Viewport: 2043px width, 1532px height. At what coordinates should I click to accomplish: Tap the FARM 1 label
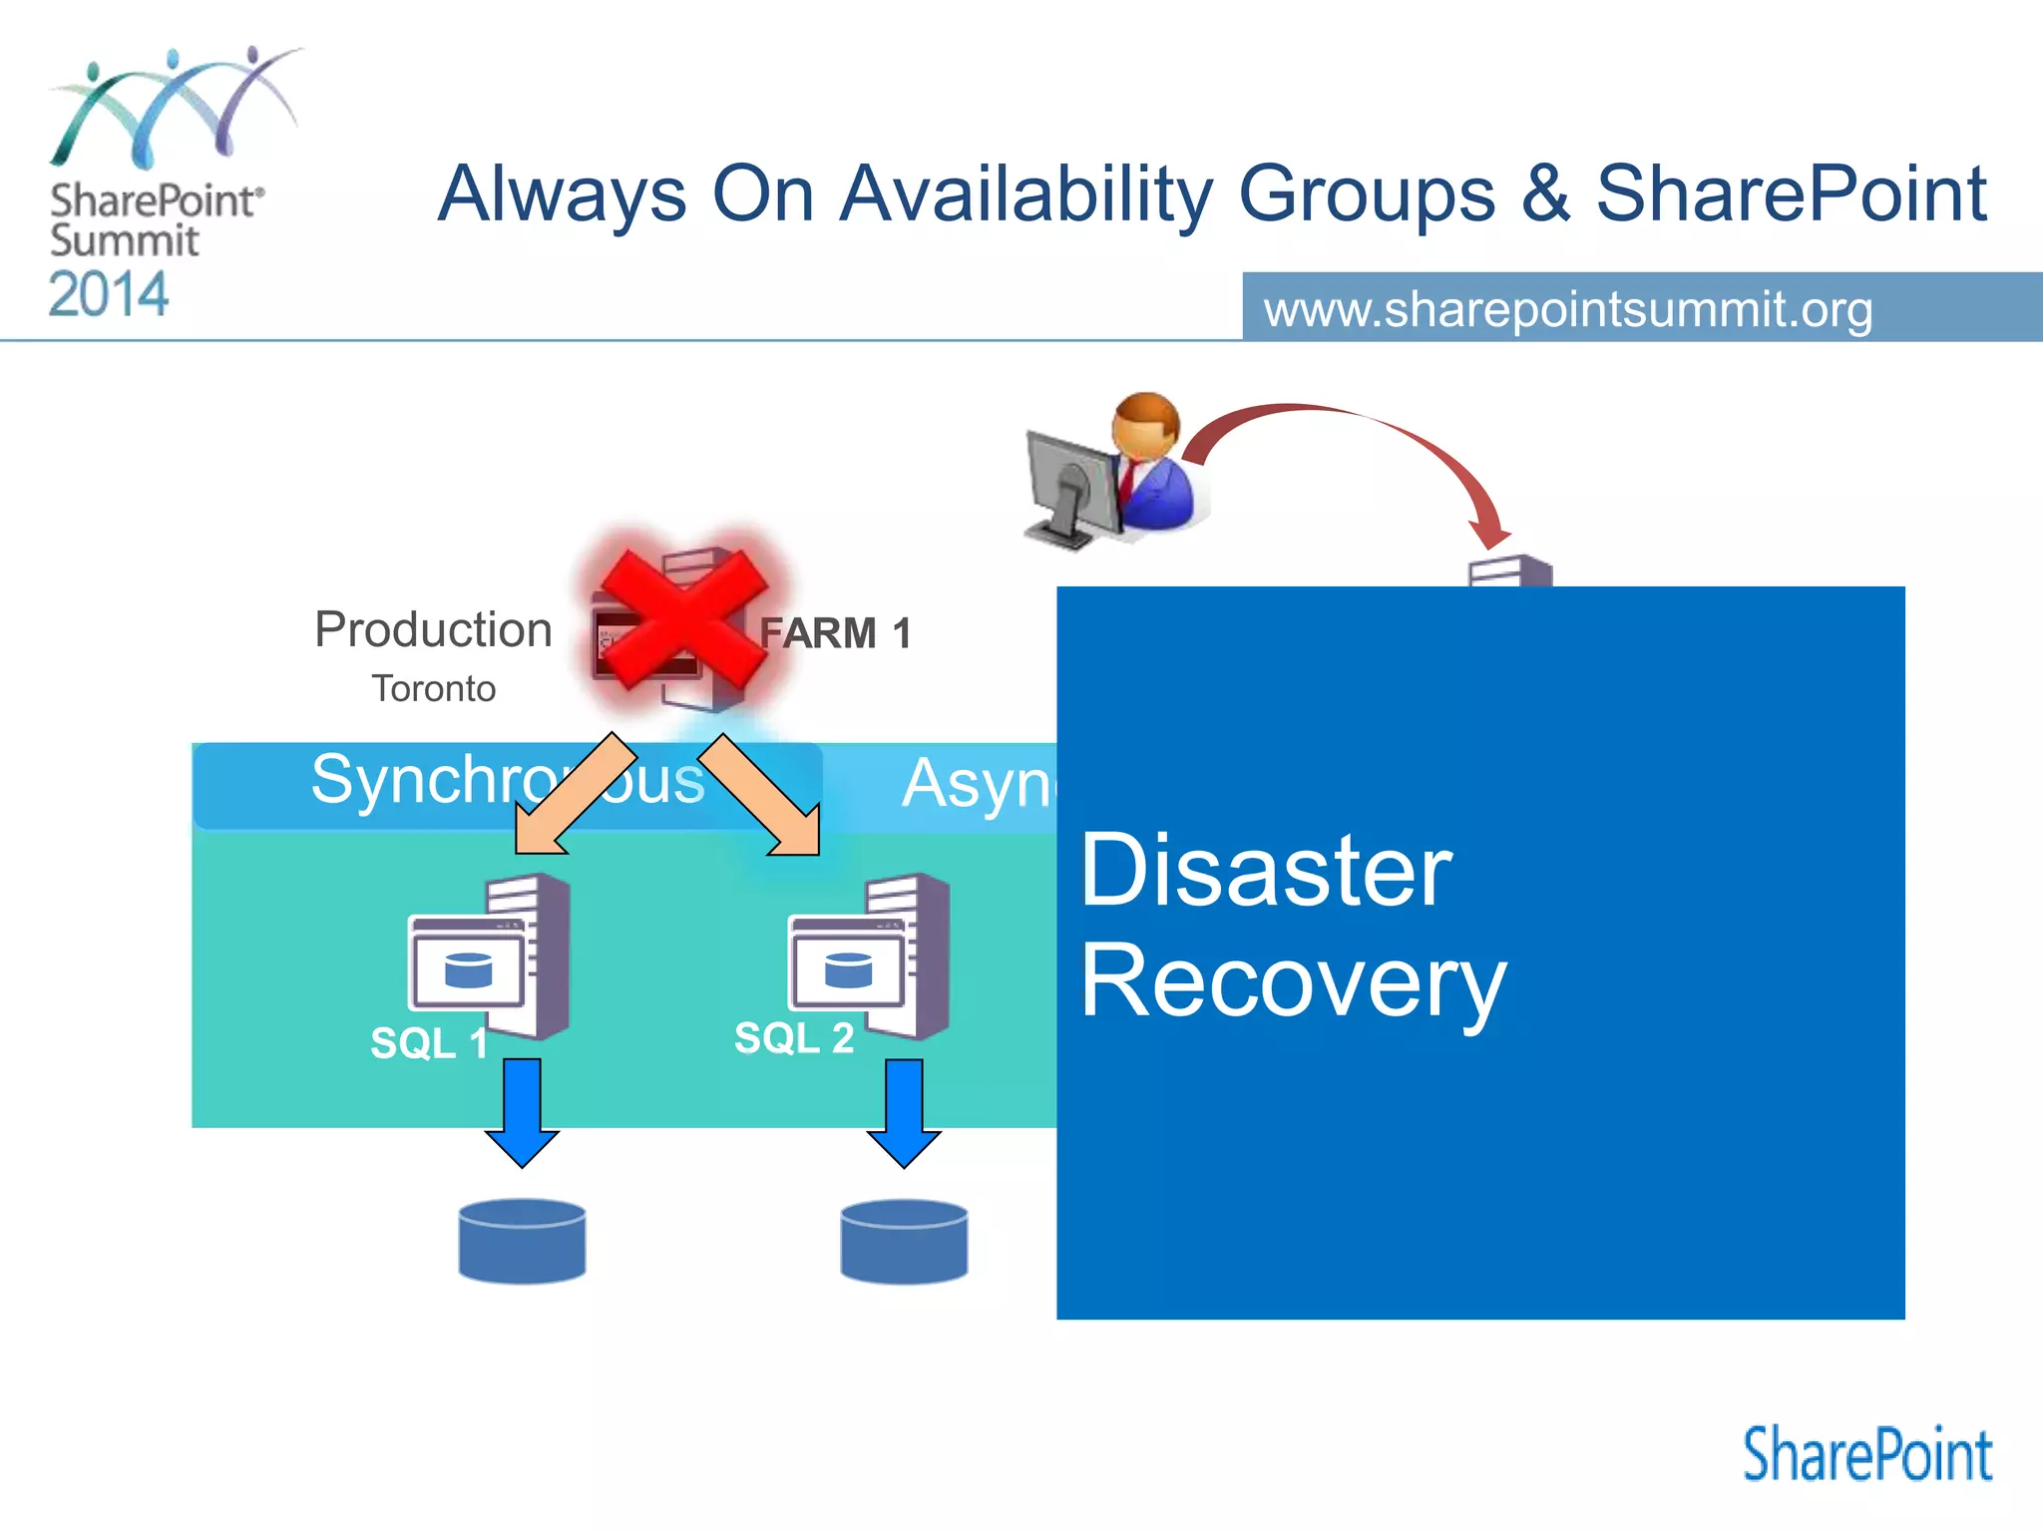click(x=835, y=633)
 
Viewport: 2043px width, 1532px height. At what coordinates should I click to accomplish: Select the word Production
click(x=433, y=629)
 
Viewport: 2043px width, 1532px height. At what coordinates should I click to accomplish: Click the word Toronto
click(x=433, y=689)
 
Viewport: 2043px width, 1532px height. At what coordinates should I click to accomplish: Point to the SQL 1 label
click(x=428, y=1043)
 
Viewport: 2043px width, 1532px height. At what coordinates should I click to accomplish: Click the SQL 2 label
click(x=794, y=1038)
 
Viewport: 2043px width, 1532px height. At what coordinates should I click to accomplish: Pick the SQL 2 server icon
click(x=870, y=957)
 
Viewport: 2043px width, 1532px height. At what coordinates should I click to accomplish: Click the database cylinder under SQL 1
click(x=522, y=1241)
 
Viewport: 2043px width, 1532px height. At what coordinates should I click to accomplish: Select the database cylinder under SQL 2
click(x=904, y=1241)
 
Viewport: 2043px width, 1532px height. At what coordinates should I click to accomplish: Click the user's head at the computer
click(x=1147, y=424)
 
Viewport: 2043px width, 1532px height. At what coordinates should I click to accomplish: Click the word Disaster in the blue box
click(x=1265, y=872)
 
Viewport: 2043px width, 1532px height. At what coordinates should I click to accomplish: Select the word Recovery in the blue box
click(x=1292, y=982)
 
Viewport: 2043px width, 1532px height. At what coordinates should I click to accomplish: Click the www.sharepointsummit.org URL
click(x=1568, y=309)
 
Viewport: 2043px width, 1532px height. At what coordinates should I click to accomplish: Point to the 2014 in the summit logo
click(x=109, y=295)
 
